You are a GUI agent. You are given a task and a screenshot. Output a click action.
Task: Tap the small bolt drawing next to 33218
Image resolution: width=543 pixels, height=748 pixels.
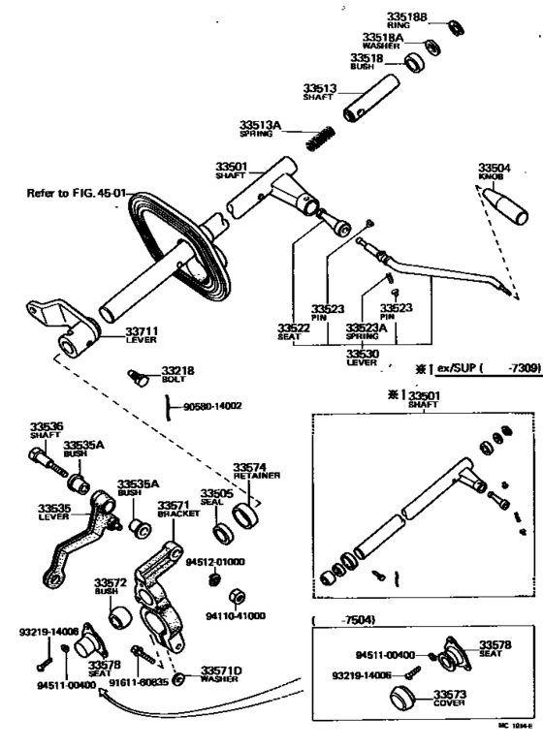tap(138, 376)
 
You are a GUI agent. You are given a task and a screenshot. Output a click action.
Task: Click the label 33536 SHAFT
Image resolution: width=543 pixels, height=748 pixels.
tap(47, 429)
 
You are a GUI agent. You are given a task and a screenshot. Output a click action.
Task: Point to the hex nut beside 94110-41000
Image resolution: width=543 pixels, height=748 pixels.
tap(236, 593)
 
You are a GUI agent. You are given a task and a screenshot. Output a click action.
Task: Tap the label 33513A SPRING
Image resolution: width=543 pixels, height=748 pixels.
tap(260, 128)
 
